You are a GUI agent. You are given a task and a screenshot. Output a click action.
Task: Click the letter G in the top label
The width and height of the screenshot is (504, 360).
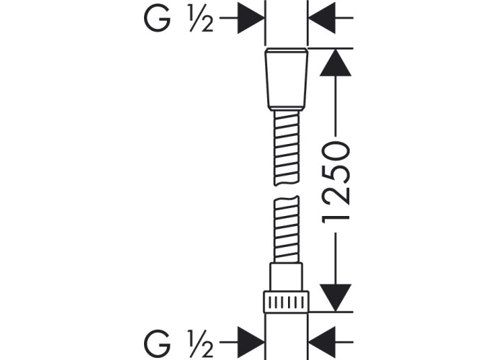click(x=157, y=19)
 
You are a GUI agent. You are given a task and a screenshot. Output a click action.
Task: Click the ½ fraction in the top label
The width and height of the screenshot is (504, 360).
click(x=201, y=20)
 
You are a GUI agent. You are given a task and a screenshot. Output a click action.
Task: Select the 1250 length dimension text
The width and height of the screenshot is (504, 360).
click(x=336, y=182)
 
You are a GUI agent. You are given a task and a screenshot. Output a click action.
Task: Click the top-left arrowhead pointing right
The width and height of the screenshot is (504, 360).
click(x=251, y=18)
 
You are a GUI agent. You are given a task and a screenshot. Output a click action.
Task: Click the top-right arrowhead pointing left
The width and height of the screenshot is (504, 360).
click(x=322, y=18)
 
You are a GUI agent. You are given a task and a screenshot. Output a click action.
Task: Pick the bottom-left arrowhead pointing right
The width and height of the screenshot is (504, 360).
click(x=251, y=342)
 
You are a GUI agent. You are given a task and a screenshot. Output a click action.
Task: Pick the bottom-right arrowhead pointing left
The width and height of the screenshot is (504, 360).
click(x=322, y=342)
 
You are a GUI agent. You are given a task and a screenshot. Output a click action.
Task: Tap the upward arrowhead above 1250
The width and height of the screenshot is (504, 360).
click(x=336, y=63)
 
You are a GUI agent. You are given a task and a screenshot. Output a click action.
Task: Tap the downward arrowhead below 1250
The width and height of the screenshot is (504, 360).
click(x=336, y=298)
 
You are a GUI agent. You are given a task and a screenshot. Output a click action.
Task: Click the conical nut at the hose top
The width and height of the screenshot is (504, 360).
click(x=286, y=79)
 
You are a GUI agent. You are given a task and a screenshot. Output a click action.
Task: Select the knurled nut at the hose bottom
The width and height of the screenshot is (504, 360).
click(x=286, y=302)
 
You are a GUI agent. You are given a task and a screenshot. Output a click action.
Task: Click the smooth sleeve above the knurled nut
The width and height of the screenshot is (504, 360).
click(x=286, y=277)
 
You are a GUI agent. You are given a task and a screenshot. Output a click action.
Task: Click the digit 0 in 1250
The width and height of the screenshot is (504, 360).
click(x=336, y=151)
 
